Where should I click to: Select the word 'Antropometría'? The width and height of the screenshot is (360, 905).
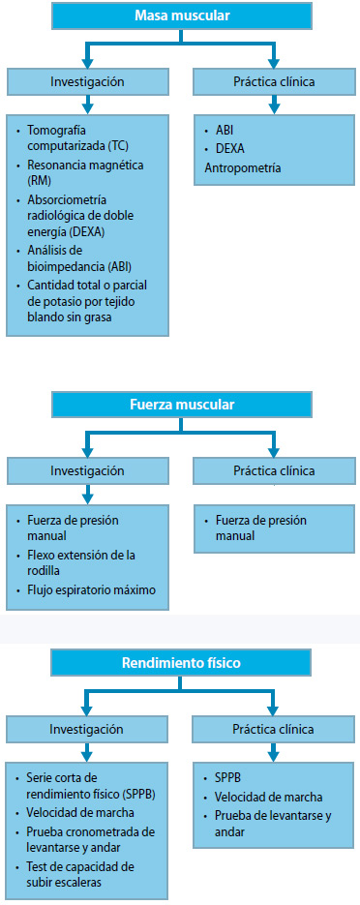pyautogui.click(x=243, y=167)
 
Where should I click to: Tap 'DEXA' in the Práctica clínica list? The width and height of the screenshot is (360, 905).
pyautogui.click(x=231, y=149)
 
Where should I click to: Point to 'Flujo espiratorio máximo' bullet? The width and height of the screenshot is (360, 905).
pyautogui.click(x=92, y=590)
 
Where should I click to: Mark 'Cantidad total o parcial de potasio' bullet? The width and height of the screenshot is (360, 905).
pyautogui.click(x=87, y=299)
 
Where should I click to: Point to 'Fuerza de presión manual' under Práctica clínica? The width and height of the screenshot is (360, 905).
pyautogui.click(x=259, y=528)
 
